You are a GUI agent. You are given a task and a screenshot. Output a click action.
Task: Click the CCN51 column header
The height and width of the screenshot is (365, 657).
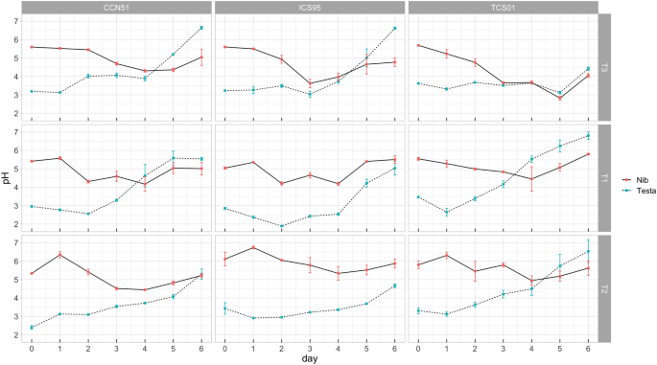click(x=117, y=7)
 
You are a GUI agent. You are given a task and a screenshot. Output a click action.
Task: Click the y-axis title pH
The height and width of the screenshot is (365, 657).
click(x=7, y=177)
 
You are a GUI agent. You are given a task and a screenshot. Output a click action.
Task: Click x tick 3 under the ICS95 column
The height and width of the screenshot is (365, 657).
click(x=310, y=346)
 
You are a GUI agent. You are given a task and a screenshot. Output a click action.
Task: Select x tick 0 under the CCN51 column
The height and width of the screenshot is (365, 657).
click(x=32, y=346)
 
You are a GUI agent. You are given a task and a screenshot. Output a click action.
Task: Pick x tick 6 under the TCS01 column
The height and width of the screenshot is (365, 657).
click(x=587, y=346)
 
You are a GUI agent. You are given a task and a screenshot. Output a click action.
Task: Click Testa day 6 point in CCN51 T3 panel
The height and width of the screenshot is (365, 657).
click(x=201, y=28)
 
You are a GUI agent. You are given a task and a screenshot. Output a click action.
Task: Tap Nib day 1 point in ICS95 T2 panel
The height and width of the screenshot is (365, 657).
click(x=253, y=247)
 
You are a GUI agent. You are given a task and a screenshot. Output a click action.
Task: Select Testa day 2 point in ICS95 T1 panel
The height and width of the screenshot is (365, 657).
click(x=281, y=226)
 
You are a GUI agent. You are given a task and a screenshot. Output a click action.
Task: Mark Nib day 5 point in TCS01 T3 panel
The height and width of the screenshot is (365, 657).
click(x=559, y=98)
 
